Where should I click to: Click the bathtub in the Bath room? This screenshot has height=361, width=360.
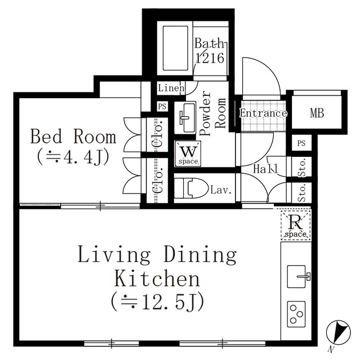(x=175, y=48)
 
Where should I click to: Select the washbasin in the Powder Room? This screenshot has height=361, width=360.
(x=185, y=117)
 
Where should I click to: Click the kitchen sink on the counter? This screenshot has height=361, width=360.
(x=297, y=276)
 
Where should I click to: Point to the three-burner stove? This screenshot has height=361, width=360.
(x=296, y=314)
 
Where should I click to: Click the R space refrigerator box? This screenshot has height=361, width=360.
(x=296, y=225)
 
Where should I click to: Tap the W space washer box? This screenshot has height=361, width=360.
(x=188, y=153)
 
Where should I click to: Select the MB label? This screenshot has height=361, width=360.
(x=317, y=113)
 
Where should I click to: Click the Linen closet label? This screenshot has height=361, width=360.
(x=171, y=88)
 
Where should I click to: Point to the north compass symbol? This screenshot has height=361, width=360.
(x=338, y=333)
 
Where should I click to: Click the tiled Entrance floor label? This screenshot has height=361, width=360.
(x=263, y=113)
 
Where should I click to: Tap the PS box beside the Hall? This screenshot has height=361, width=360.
(x=301, y=143)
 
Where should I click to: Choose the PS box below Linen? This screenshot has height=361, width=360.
(x=162, y=107)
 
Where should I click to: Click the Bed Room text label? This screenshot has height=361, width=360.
(x=73, y=137)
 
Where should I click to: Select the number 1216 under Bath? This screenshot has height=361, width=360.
(x=210, y=58)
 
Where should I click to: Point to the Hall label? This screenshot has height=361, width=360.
(x=265, y=169)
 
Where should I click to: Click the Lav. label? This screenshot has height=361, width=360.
(x=221, y=190)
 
